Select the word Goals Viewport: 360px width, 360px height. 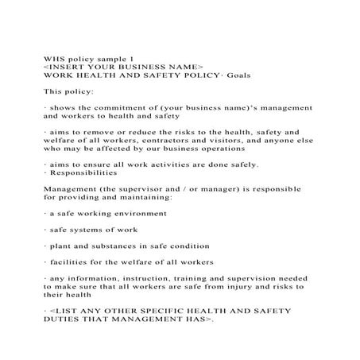237,75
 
